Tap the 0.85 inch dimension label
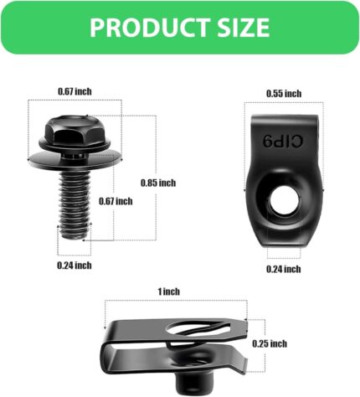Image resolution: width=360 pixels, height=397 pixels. pos(157,183)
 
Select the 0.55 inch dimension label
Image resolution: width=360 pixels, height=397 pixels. pos(283,94)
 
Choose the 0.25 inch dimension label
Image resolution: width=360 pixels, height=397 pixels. pos(269,343)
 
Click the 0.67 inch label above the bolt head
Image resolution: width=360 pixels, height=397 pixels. pos(75,90)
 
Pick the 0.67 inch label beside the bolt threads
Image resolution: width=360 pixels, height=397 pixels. pos(115,201)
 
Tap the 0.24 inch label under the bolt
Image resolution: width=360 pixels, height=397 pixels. pos(75,265)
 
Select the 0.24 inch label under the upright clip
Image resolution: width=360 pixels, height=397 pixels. pos(283,269)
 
